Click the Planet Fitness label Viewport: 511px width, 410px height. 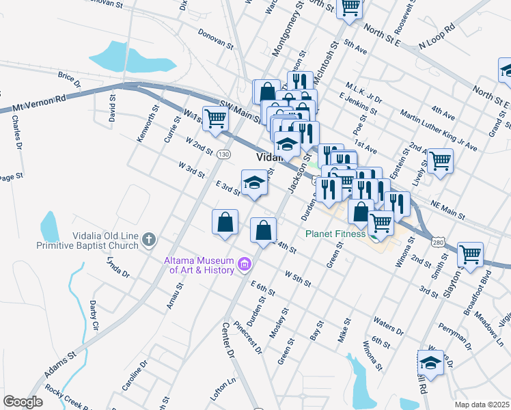[335, 234]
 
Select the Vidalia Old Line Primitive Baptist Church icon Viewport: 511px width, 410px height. [150, 240]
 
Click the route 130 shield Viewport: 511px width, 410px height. [223, 155]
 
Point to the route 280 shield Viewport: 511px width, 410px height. [438, 242]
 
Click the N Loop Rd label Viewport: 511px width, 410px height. [437, 37]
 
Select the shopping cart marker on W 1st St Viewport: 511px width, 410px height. [216, 119]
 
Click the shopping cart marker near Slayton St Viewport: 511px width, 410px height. [470, 255]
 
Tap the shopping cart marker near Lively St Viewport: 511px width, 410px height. [440, 161]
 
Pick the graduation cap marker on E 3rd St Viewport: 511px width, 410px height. [254, 182]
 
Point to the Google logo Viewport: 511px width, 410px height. [23, 402]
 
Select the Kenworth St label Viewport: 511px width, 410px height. [148, 123]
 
